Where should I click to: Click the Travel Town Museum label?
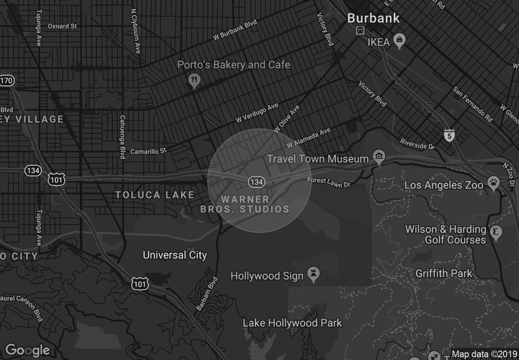pos(319,158)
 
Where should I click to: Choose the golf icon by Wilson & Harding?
pos(496,232)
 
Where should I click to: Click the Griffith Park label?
pos(444,273)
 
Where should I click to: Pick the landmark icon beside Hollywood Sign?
pos(314,276)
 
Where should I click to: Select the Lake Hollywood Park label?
pos(292,322)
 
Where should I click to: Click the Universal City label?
pos(175,255)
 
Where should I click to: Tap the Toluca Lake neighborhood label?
pos(154,195)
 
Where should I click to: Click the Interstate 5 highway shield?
pos(450,135)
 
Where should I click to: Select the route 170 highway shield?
pos(6,81)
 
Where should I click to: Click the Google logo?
pos(28,350)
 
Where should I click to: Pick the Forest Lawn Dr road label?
pos(329,182)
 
